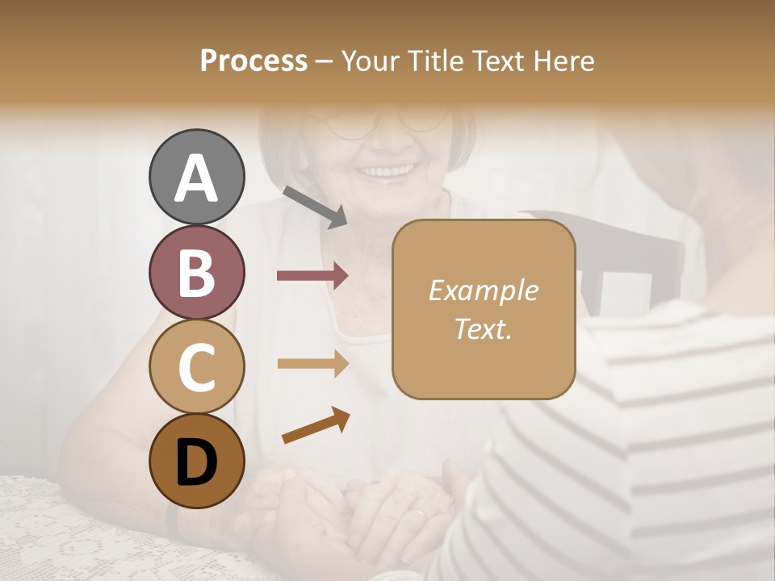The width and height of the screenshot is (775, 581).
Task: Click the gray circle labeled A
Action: point(197,177)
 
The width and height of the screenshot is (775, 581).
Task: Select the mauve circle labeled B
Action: point(197,273)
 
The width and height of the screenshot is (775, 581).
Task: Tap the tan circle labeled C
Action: point(197,366)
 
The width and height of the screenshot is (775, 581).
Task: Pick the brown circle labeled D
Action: point(197,461)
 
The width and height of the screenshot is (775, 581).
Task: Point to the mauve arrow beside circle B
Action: point(312,276)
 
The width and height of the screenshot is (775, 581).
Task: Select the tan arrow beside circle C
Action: point(312,364)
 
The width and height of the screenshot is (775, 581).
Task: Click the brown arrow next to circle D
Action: point(316,427)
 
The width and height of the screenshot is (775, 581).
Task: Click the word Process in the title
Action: point(253,61)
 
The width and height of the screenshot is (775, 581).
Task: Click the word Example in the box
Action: point(483,290)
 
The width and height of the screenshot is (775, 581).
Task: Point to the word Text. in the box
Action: point(483,328)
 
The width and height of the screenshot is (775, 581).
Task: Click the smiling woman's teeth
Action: point(386,171)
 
